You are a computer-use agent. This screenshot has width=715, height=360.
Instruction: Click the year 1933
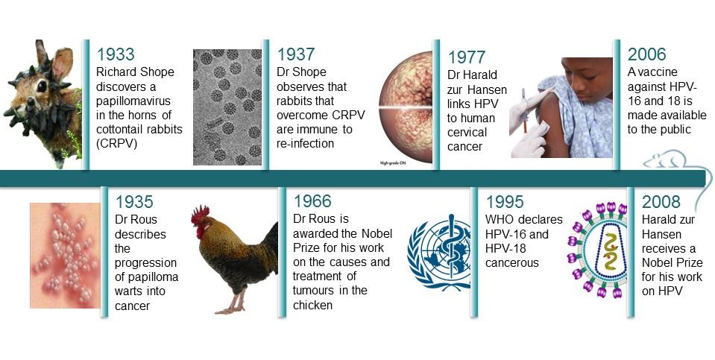tap(116, 54)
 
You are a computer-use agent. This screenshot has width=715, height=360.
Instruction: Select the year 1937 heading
tap(296, 54)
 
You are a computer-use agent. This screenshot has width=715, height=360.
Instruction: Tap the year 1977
tap(467, 58)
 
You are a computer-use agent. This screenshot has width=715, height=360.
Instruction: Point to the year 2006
tap(647, 54)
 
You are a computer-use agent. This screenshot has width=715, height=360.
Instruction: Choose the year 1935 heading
tap(134, 202)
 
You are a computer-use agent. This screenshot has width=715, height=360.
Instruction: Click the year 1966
tap(313, 202)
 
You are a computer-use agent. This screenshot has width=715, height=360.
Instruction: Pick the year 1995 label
tap(505, 202)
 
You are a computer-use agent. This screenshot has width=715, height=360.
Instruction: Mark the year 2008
tap(661, 202)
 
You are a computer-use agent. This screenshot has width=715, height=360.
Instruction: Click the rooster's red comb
tap(199, 215)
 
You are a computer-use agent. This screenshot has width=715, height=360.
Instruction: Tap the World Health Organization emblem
tap(438, 251)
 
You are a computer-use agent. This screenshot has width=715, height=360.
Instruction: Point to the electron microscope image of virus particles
tap(227, 107)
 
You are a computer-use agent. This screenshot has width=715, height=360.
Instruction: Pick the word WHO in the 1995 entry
tap(501, 220)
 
